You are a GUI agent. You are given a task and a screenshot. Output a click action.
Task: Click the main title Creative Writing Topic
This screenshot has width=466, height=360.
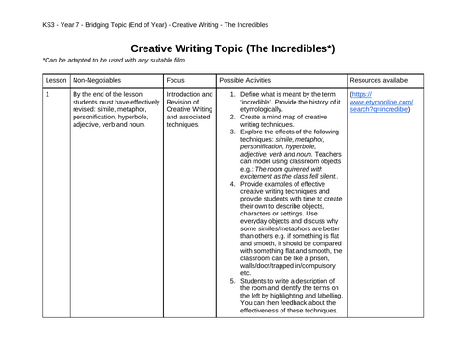232,48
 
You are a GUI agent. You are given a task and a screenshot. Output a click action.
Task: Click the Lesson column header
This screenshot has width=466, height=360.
56,80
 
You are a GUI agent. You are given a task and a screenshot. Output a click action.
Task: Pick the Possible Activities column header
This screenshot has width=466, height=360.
250,80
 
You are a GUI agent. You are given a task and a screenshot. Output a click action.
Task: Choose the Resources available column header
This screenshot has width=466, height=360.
385,80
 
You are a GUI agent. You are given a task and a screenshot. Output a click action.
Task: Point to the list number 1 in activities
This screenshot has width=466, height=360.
232,94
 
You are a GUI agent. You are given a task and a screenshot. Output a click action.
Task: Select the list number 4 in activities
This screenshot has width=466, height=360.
232,184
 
